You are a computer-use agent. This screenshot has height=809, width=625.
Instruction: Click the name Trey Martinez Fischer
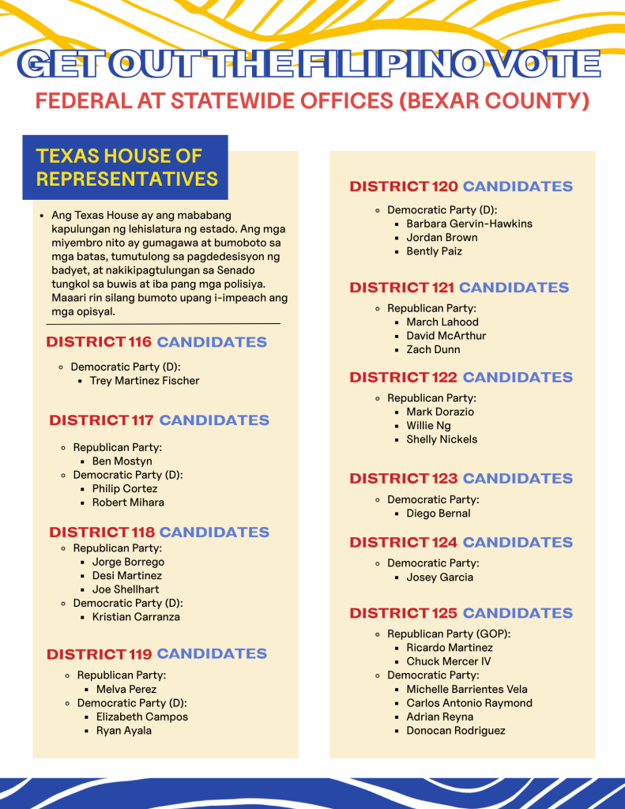click(x=145, y=381)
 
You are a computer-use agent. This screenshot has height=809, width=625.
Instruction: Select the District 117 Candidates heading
click(x=159, y=420)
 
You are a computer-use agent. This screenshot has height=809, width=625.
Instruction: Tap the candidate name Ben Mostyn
click(x=122, y=461)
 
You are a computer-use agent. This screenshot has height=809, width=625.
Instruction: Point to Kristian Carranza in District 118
click(x=136, y=617)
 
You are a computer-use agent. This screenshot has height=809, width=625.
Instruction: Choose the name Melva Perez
click(x=126, y=690)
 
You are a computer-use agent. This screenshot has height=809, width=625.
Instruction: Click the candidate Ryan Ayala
click(x=124, y=731)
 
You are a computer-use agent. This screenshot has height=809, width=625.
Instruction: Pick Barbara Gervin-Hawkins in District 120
click(x=469, y=224)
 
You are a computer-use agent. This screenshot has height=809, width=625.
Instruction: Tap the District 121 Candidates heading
click(x=459, y=288)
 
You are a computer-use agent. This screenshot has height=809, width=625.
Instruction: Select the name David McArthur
click(x=446, y=336)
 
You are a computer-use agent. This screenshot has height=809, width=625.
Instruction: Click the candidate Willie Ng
click(x=429, y=426)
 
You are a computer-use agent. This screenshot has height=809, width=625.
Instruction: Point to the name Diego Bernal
click(x=439, y=514)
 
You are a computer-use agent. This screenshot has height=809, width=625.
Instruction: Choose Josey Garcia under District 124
click(x=440, y=578)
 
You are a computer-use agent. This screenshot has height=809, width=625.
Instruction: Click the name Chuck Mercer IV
click(x=449, y=661)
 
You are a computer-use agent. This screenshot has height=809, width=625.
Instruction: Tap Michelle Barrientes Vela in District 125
click(x=467, y=690)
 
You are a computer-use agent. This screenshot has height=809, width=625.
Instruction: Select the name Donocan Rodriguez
click(x=456, y=731)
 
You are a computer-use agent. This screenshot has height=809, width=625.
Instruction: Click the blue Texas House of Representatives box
click(x=126, y=167)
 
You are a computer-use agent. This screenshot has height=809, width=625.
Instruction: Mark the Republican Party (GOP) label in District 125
click(x=449, y=634)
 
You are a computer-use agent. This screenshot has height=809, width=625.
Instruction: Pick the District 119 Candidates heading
click(x=156, y=654)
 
